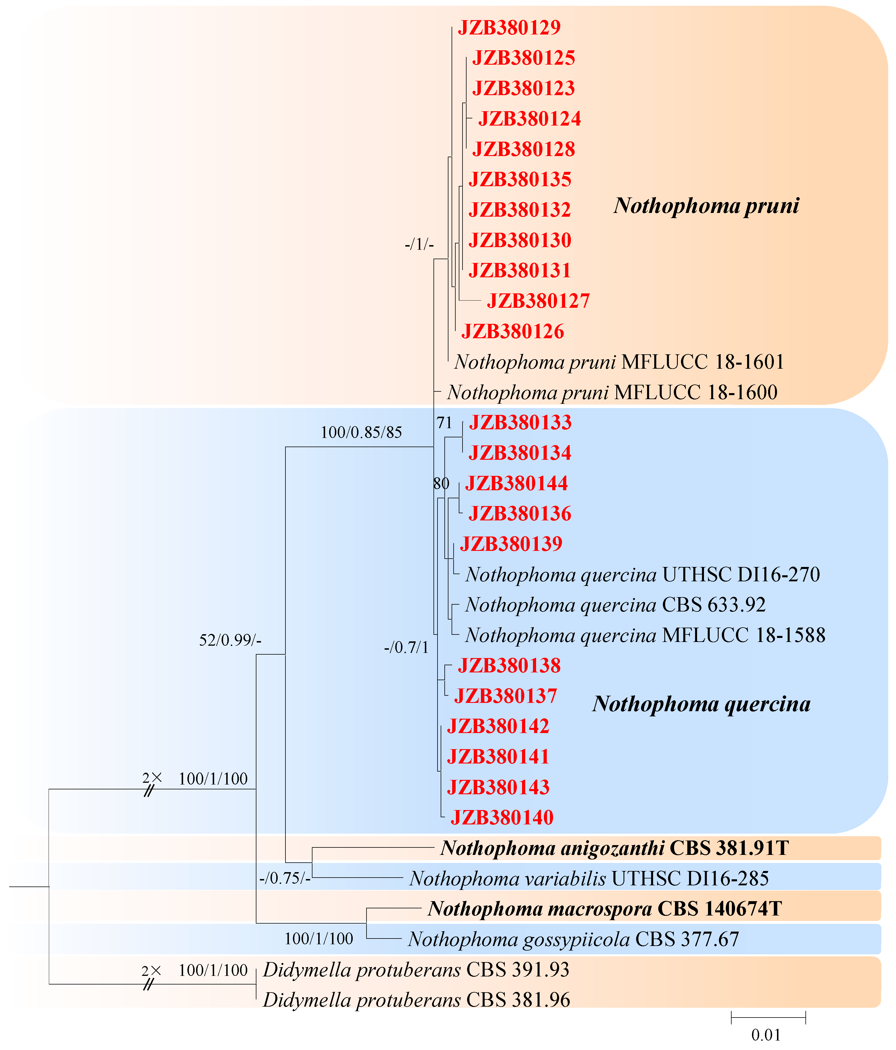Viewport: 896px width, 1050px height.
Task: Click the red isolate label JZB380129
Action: click(509, 27)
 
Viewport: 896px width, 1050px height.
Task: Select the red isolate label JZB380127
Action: click(538, 301)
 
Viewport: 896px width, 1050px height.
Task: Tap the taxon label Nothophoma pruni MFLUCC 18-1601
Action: click(619, 362)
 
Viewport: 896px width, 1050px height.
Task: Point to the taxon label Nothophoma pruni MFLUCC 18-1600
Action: click(612, 392)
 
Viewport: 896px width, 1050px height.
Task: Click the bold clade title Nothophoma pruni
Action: click(706, 205)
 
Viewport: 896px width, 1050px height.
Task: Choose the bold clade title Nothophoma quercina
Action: click(701, 704)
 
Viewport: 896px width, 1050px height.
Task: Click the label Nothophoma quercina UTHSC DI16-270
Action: click(642, 575)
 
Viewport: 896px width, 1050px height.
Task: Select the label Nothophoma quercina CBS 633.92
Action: click(615, 605)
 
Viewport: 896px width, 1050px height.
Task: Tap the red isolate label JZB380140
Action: click(502, 818)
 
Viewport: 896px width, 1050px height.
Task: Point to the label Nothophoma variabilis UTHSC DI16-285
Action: click(589, 878)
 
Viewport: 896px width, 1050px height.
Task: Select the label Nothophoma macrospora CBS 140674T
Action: click(605, 909)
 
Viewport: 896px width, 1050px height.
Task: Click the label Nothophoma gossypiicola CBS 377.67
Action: click(573, 939)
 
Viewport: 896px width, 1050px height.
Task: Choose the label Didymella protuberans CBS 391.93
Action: click(416, 970)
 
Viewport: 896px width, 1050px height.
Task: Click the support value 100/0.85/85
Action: click(361, 432)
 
